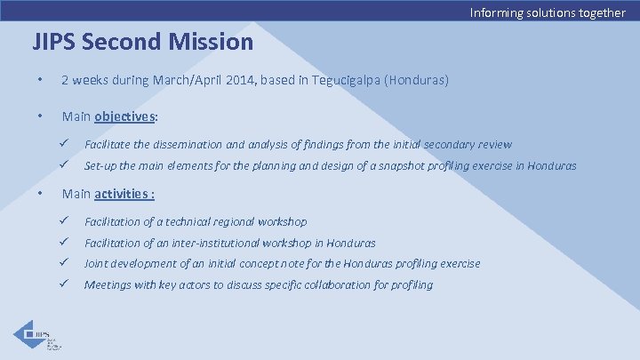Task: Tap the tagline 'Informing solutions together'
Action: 548,12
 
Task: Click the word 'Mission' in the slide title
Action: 212,42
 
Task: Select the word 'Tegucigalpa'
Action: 340,81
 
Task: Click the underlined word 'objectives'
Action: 126,116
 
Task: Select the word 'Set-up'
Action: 100,165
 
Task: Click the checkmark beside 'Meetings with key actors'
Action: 65,284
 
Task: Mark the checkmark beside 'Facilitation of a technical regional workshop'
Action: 65,220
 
